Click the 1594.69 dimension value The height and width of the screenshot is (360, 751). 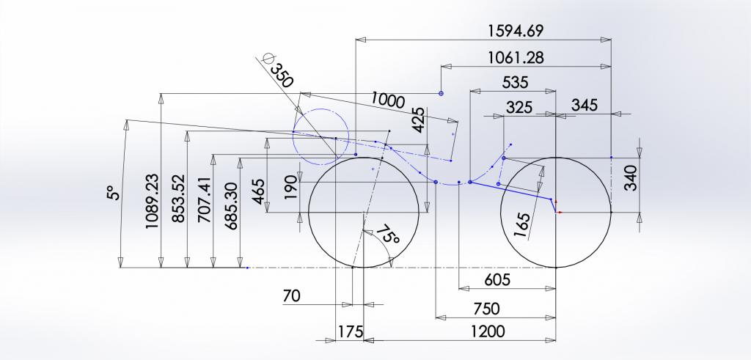(516, 31)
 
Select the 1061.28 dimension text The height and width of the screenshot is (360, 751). (516, 58)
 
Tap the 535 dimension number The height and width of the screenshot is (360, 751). (515, 83)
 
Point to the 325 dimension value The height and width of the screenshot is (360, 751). (519, 107)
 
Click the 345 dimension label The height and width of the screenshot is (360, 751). (585, 105)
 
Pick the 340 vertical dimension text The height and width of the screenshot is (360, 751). (631, 177)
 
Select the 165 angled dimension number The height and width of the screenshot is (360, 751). (521, 224)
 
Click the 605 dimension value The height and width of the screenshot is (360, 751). (498, 279)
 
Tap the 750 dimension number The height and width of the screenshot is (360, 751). (486, 309)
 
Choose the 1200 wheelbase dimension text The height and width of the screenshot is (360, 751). (487, 331)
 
